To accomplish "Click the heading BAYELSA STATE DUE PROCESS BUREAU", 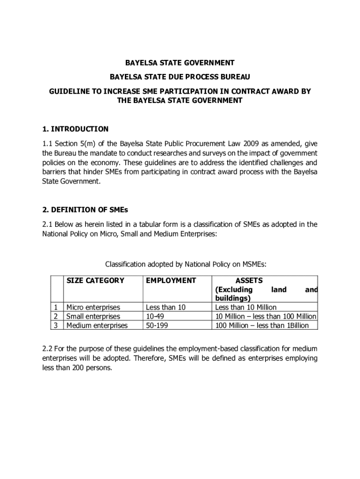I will (180, 76).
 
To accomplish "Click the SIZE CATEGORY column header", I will (95, 281).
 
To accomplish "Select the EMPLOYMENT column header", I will (171, 281).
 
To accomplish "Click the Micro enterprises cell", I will (93, 307).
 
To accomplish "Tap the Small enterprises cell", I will (93, 316).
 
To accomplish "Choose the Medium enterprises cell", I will (97, 325).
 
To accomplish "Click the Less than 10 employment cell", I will (166, 307).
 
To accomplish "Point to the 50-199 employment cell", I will (157, 325).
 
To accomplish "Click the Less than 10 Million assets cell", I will (245, 307).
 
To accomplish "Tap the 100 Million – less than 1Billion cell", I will (261, 325).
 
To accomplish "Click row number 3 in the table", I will (56, 325).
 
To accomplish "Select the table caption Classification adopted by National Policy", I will (186, 264).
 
